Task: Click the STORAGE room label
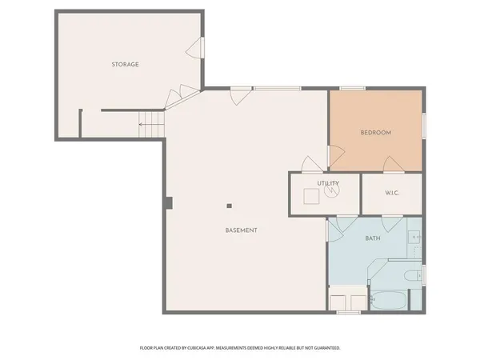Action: pyautogui.click(x=125, y=64)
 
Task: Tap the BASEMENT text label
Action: pyautogui.click(x=241, y=230)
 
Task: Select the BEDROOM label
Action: pyautogui.click(x=375, y=133)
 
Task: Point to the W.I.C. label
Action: pyautogui.click(x=392, y=193)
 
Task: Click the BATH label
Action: pyautogui.click(x=373, y=238)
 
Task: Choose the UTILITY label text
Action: pyautogui.click(x=328, y=183)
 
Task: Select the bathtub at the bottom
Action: pyautogui.click(x=388, y=302)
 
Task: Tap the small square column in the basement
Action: pyautogui.click(x=229, y=204)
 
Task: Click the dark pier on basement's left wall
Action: pyautogui.click(x=169, y=202)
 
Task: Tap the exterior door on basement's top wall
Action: pyautogui.click(x=238, y=95)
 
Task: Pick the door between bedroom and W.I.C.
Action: pyautogui.click(x=392, y=165)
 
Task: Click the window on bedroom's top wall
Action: pyautogui.click(x=352, y=88)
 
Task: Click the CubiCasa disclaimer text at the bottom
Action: pyautogui.click(x=240, y=348)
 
